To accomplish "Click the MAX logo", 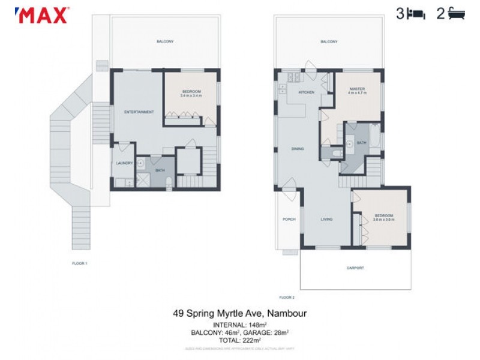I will pyautogui.click(x=42, y=15).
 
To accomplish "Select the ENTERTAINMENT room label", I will pyautogui.click(x=139, y=112).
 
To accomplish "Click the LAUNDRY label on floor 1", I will pyautogui.click(x=124, y=163).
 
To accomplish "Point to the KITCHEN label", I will pyautogui.click(x=307, y=92).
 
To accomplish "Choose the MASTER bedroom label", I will pyautogui.click(x=358, y=89).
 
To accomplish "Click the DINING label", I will pyautogui.click(x=298, y=149).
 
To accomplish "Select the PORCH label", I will pyautogui.click(x=289, y=220).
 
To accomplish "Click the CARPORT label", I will pyautogui.click(x=355, y=268).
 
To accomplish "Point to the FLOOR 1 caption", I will pyautogui.click(x=80, y=263).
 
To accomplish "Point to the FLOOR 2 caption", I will pyautogui.click(x=287, y=297).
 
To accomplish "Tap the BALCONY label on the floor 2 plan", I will pyautogui.click(x=328, y=41).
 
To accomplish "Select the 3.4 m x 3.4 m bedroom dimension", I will pyautogui.click(x=191, y=95).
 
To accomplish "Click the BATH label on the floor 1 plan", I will pyautogui.click(x=160, y=170).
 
